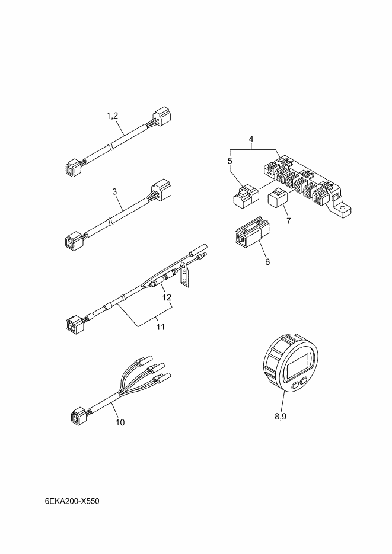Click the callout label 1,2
[x=113, y=116]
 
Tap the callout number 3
[x=114, y=191]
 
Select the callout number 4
[x=251, y=139]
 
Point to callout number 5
[x=230, y=161]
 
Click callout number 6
[x=267, y=262]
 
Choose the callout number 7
[x=289, y=221]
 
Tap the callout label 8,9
[x=281, y=417]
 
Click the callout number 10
[x=120, y=422]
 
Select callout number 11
[x=161, y=327]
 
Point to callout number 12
[x=167, y=297]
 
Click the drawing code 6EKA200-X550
[x=72, y=501]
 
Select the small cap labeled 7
[x=278, y=198]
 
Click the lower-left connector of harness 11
[x=75, y=324]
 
